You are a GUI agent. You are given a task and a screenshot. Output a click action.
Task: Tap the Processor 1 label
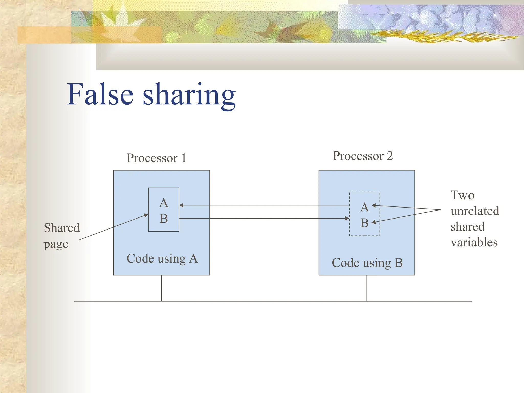pyautogui.click(x=156, y=158)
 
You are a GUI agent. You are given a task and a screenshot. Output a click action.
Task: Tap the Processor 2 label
pyautogui.click(x=363, y=156)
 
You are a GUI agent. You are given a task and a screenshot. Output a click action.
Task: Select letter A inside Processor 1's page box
pyautogui.click(x=163, y=203)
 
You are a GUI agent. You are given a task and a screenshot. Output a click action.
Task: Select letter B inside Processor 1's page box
pyautogui.click(x=163, y=219)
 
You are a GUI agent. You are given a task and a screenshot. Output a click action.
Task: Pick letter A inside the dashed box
pyautogui.click(x=364, y=208)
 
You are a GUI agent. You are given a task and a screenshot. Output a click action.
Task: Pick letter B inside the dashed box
pyautogui.click(x=364, y=223)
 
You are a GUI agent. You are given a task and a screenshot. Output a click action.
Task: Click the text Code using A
pyautogui.click(x=162, y=258)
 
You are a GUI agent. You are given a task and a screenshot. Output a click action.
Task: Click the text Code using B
pyautogui.click(x=367, y=263)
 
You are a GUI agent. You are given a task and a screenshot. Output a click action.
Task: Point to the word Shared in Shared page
pyautogui.click(x=62, y=228)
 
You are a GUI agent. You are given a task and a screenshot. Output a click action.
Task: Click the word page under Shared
pyautogui.click(x=56, y=244)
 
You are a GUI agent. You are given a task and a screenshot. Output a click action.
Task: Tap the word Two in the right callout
pyautogui.click(x=462, y=195)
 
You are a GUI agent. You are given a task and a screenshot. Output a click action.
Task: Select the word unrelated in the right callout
pyautogui.click(x=475, y=211)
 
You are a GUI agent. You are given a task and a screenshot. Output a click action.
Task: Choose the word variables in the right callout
pyautogui.click(x=474, y=242)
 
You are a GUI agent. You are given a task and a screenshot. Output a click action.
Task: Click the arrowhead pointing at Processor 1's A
pyautogui.click(x=181, y=205)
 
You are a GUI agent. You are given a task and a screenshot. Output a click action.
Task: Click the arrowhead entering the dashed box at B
pyautogui.click(x=347, y=218)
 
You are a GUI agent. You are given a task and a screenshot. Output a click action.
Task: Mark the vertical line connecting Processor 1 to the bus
pyautogui.click(x=161, y=288)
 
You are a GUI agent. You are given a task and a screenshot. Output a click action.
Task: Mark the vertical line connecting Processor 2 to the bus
pyautogui.click(x=367, y=288)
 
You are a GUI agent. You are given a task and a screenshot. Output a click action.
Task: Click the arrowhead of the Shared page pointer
pyautogui.click(x=146, y=215)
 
